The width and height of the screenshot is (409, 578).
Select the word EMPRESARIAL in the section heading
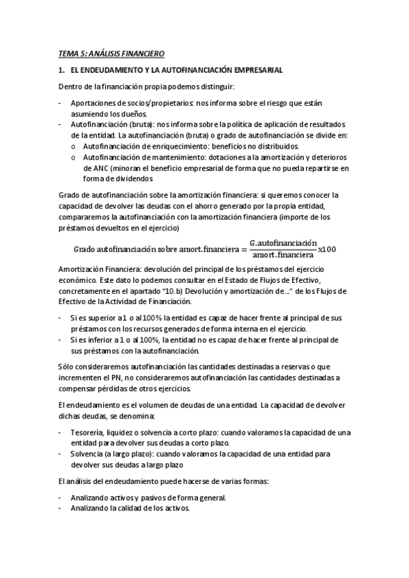click(251, 70)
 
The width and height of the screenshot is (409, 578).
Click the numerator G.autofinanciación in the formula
click(284, 242)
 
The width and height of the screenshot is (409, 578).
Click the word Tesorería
click(87, 432)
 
